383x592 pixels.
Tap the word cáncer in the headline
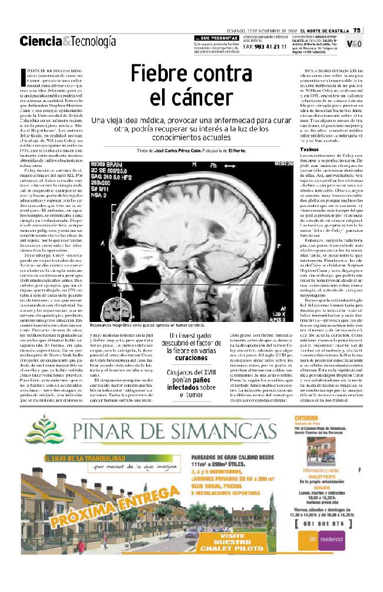pyautogui.click(x=195, y=97)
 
